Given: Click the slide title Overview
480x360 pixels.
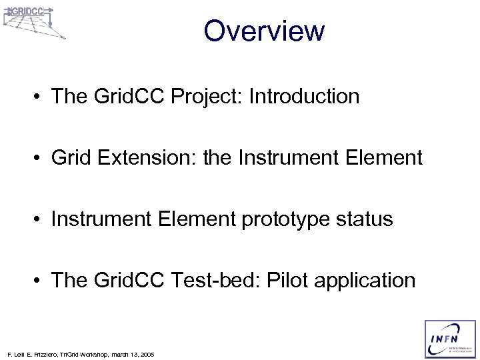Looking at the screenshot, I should [x=264, y=31].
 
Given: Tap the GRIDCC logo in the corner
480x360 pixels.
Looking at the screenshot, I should [x=33, y=21].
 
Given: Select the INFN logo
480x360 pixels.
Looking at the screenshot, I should [x=448, y=339].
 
